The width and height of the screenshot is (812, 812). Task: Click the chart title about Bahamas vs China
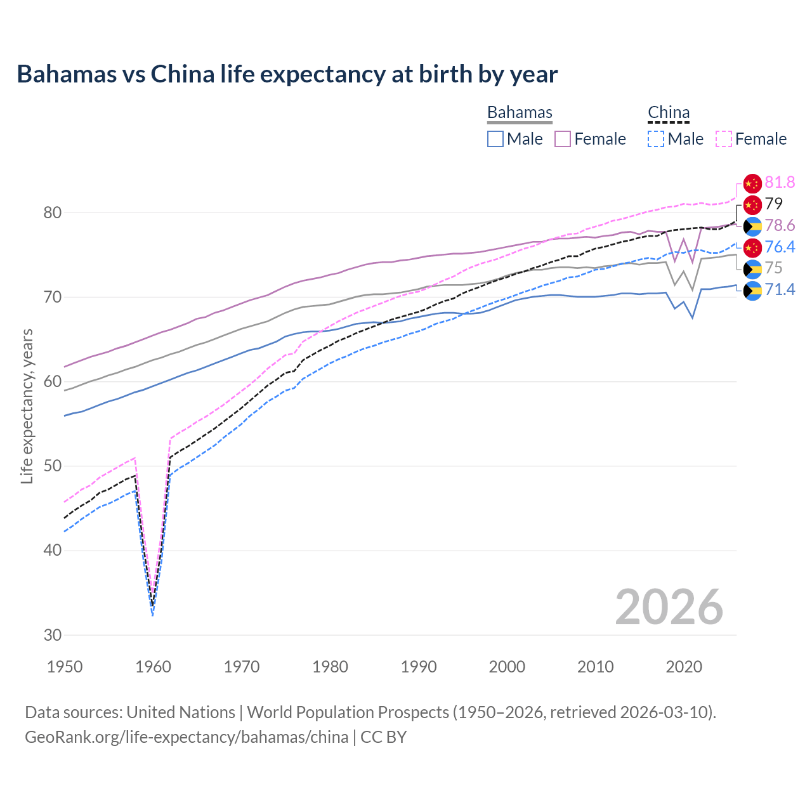click(287, 74)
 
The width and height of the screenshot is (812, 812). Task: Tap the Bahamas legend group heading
click(520, 112)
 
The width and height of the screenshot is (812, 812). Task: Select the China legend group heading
click(669, 112)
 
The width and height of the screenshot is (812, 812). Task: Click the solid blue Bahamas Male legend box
click(495, 139)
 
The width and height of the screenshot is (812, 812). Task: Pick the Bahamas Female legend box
click(563, 139)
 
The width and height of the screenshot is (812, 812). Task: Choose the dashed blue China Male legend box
click(656, 139)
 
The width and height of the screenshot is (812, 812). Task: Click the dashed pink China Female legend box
click(724, 139)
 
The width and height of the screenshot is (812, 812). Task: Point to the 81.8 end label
click(780, 183)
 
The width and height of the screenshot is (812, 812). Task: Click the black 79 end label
click(774, 204)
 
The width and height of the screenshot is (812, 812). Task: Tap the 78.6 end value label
click(780, 226)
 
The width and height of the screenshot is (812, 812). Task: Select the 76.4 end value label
click(780, 247)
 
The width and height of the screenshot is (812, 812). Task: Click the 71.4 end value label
click(780, 290)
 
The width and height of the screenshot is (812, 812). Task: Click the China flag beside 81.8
click(752, 183)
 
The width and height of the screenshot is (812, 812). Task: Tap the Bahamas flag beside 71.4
click(752, 291)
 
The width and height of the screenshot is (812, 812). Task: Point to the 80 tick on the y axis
click(53, 213)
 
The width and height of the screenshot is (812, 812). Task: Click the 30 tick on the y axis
click(53, 635)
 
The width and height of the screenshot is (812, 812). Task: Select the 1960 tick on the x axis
click(154, 667)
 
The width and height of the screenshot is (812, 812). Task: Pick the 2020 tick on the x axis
click(684, 667)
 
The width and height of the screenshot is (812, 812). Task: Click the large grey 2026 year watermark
click(669, 607)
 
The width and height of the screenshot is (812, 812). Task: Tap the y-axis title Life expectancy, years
click(27, 406)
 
